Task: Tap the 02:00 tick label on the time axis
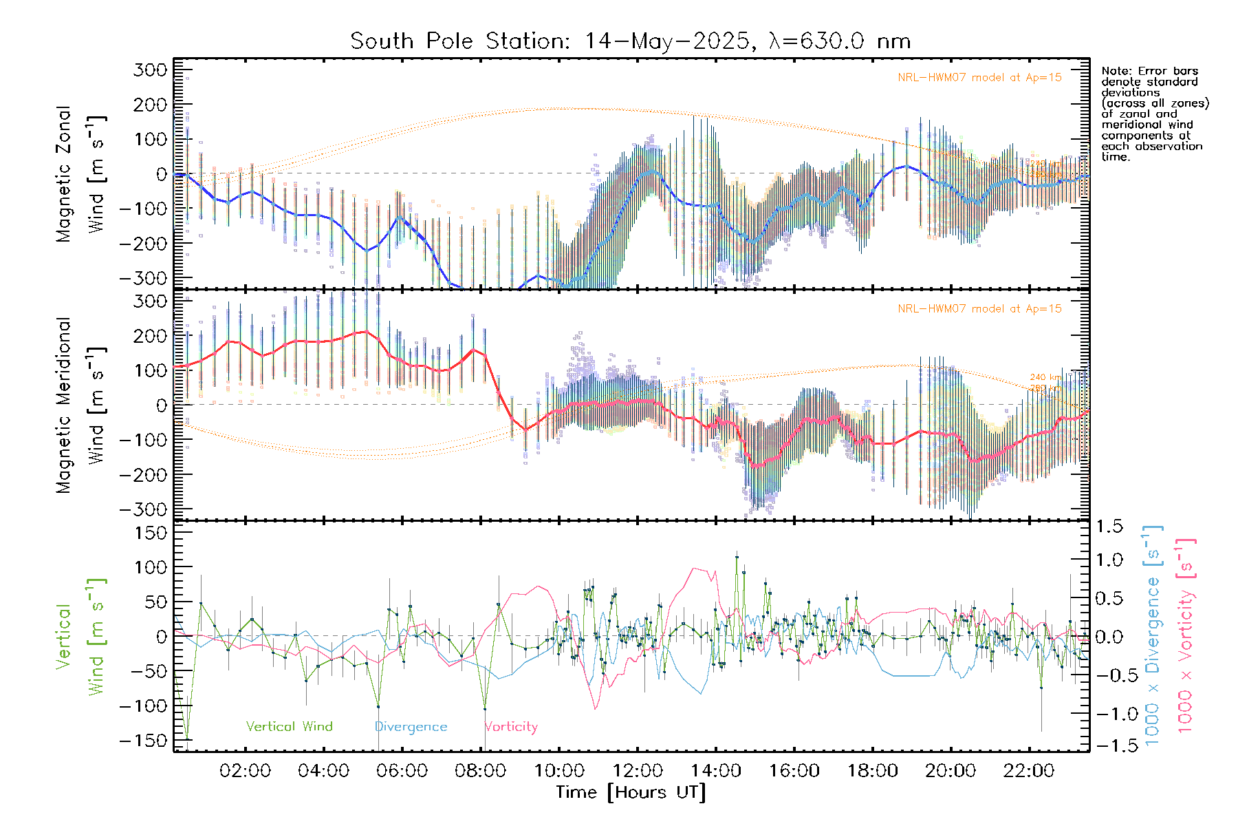(x=245, y=771)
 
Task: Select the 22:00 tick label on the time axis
(x=1029, y=771)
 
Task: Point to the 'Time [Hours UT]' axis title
(x=631, y=792)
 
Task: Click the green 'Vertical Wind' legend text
(x=289, y=727)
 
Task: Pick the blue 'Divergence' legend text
(x=411, y=727)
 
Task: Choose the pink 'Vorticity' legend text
(x=511, y=727)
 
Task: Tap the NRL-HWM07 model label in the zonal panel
(x=979, y=78)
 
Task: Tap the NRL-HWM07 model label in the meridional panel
(x=979, y=309)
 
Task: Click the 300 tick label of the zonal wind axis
(x=151, y=70)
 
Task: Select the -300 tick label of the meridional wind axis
(x=144, y=509)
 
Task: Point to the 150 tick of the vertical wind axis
(x=151, y=533)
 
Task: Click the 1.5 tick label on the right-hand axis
(x=1109, y=527)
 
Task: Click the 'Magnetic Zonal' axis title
(x=64, y=174)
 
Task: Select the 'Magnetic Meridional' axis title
(x=64, y=405)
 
